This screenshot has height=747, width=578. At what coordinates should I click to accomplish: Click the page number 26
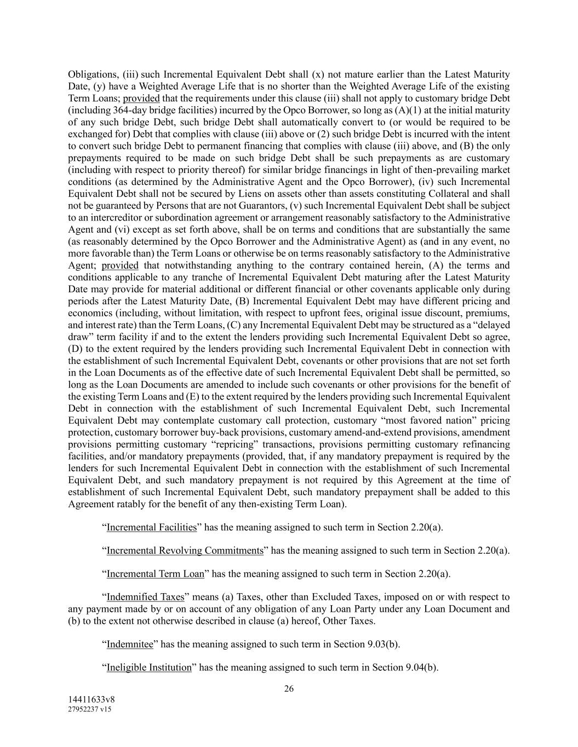[289, 688]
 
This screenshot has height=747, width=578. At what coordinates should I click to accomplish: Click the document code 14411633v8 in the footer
[91, 699]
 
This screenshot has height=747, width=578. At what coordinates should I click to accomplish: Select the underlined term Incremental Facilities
[151, 527]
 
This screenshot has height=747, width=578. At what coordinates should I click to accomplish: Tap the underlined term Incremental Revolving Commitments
[185, 550]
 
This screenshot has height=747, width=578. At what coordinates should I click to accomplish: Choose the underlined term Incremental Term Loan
[155, 574]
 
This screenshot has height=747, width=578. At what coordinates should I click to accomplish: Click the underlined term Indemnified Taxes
[145, 597]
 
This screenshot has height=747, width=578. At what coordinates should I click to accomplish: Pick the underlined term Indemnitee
[130, 644]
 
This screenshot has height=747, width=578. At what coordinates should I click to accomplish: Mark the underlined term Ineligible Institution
[149, 668]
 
